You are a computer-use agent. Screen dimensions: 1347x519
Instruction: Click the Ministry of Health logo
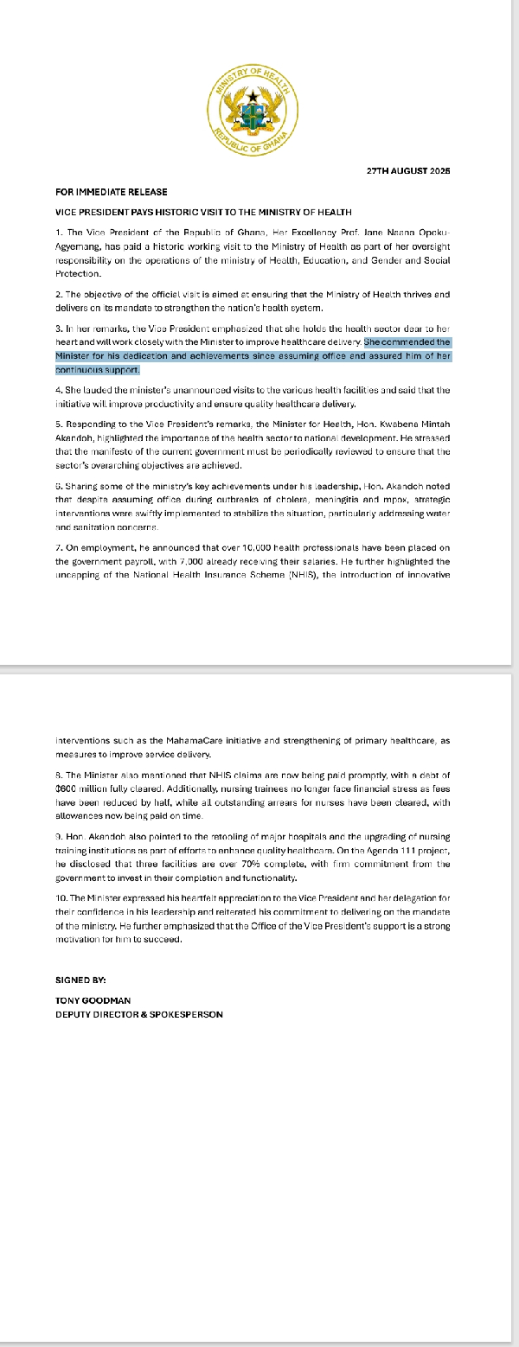click(x=254, y=111)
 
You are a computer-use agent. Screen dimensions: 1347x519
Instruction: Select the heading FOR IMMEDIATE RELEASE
click(x=112, y=192)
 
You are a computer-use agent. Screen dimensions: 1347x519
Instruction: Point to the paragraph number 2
click(x=58, y=295)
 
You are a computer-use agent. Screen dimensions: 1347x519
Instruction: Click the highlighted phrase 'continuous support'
click(x=96, y=370)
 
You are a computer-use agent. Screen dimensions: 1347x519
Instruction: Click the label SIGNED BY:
click(x=80, y=980)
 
